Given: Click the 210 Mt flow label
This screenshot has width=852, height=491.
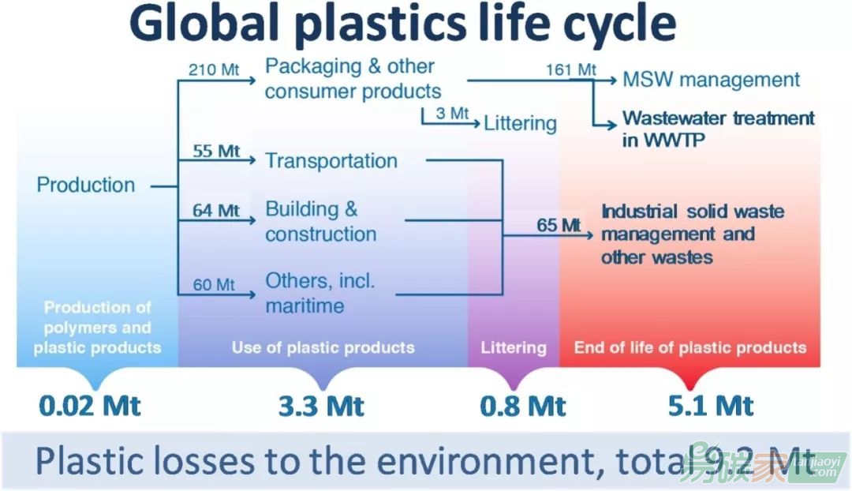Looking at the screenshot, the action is point(214,69).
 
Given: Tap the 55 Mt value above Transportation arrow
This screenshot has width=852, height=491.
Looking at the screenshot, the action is point(215,151).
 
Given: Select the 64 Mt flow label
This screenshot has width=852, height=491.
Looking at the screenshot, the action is point(215,210).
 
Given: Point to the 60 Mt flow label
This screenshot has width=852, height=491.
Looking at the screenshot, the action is point(214,284).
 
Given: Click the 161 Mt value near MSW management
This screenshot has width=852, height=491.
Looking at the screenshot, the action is point(571,69).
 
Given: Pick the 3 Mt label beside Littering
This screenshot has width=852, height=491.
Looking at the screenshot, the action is point(452,113).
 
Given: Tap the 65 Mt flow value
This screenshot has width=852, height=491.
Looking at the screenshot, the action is point(559,224).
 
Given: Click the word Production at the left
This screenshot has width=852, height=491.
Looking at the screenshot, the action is point(86,185).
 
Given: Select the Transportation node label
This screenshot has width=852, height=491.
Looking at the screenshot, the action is point(331,160).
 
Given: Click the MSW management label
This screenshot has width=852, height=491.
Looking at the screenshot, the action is point(712,80).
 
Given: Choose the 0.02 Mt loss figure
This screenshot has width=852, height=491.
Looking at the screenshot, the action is point(90,406).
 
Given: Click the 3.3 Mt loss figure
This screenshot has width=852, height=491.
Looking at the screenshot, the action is point(321,406).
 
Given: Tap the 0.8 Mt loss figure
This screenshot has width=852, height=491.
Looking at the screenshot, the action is point(523,406).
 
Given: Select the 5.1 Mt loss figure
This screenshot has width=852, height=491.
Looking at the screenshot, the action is point(711,406).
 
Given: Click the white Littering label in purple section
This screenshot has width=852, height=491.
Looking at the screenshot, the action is point(514,347).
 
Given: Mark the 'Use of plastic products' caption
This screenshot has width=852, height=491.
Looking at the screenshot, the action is point(323,347).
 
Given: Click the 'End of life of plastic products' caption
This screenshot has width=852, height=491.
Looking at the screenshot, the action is point(690,347).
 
